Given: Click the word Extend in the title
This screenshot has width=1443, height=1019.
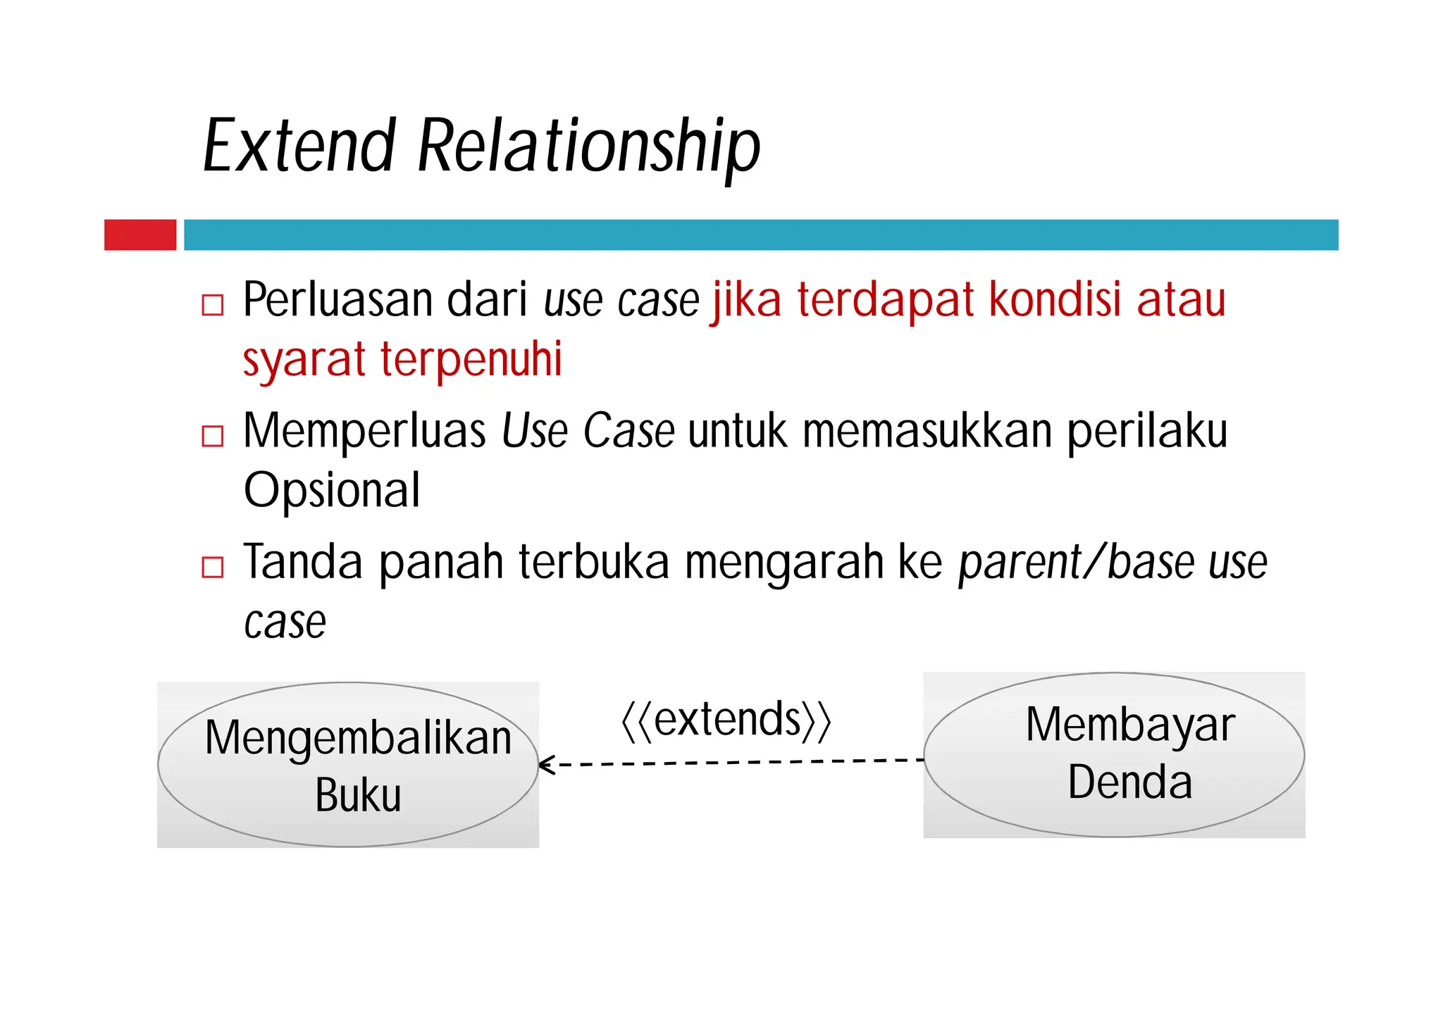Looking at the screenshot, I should (x=299, y=146).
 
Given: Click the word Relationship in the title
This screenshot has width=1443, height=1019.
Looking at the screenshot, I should (x=588, y=146).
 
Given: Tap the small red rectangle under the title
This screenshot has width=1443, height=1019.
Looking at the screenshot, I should (x=140, y=235).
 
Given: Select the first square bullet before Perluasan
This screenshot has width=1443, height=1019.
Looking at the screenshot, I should (x=212, y=305).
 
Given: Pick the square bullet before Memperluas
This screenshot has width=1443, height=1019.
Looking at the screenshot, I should (x=212, y=436).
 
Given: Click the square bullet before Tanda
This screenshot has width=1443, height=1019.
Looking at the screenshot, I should (x=212, y=567).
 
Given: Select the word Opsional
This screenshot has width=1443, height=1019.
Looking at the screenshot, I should (x=332, y=490).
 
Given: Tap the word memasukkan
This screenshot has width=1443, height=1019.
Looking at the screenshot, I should (x=927, y=430).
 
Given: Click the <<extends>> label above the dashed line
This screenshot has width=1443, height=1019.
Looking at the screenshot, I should (x=726, y=720).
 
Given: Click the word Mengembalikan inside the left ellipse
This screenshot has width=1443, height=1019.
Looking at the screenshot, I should (x=358, y=738).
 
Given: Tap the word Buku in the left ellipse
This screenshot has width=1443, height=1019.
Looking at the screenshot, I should (x=358, y=796).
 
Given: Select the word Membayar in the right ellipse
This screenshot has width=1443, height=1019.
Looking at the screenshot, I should (x=1129, y=725).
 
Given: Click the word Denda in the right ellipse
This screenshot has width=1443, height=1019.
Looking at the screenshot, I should (x=1129, y=782).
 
